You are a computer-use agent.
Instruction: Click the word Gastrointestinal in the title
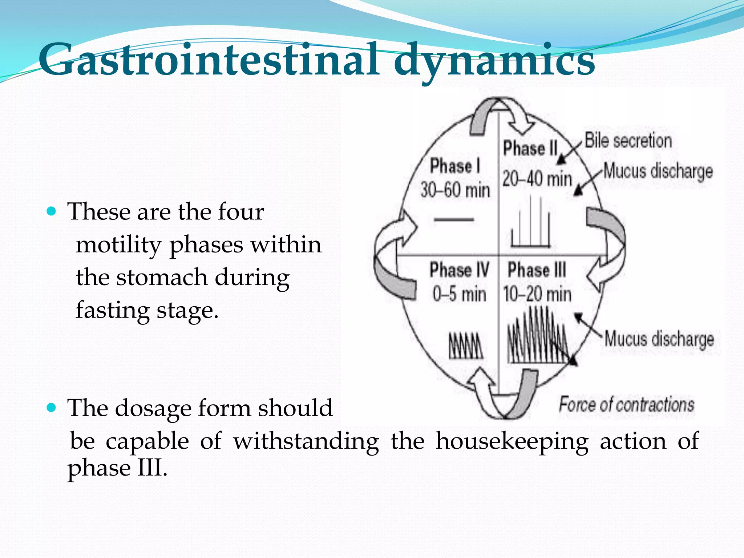[x=209, y=60]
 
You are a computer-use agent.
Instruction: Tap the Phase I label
[x=455, y=166]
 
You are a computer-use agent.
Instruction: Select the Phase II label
[x=530, y=148]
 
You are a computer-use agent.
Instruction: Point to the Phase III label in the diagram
[x=537, y=270]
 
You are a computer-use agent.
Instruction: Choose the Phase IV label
[x=459, y=270]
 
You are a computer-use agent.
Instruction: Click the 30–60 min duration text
[x=455, y=190]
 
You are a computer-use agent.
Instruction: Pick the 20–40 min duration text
[x=537, y=179]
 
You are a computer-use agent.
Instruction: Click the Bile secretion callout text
[x=628, y=141]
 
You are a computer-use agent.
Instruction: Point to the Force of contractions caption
[x=626, y=405]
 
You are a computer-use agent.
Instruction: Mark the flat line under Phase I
[x=454, y=219]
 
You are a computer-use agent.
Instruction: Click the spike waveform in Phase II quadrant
[x=531, y=225]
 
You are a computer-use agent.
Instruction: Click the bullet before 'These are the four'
[x=52, y=211]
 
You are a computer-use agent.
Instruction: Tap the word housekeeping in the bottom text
[x=512, y=441]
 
